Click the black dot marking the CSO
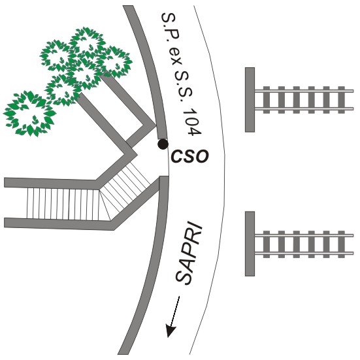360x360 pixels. (163, 144)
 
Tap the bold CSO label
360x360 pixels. (190, 157)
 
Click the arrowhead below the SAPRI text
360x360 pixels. (171, 331)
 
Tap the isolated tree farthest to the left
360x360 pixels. (29, 114)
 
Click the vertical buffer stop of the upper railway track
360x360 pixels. (250, 100)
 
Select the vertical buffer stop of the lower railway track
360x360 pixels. (250, 244)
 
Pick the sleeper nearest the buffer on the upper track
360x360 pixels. (267, 100)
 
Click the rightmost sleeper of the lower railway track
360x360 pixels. (342, 244)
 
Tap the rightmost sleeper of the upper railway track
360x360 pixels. (342, 100)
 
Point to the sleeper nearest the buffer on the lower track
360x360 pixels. (267, 244)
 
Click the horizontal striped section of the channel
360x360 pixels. (63, 204)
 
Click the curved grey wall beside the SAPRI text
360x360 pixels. (147, 264)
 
